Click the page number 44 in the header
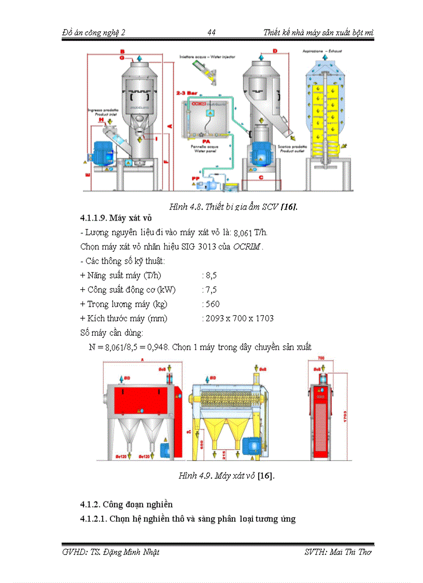212,33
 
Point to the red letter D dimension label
275,50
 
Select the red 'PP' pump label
195,179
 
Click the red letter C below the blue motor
261,178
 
